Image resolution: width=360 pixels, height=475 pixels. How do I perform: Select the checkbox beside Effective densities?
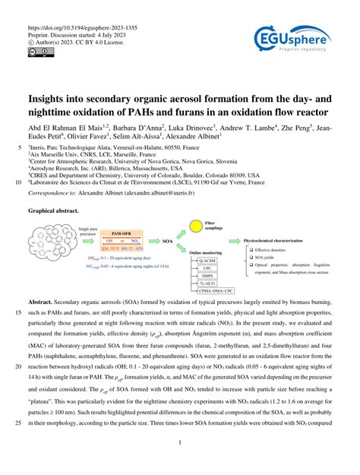pyautogui.click(x=251, y=249)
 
